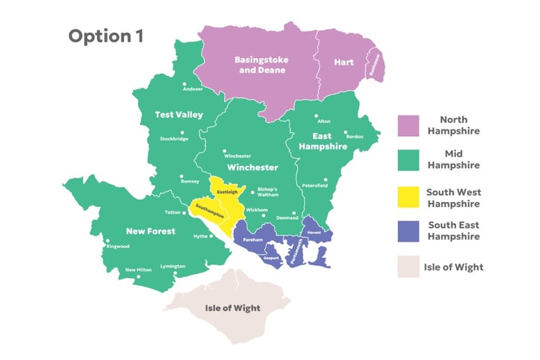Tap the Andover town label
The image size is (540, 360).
(192, 89)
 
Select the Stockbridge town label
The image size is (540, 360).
(174, 139)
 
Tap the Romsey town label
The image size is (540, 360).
(190, 181)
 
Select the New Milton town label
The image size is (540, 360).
(139, 269)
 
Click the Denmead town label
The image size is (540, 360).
(287, 216)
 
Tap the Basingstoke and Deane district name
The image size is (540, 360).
(260, 65)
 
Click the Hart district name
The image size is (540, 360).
(344, 63)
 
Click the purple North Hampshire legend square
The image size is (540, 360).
(409, 125)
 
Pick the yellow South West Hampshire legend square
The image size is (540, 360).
(409, 198)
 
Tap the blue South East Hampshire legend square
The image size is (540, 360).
(409, 231)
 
